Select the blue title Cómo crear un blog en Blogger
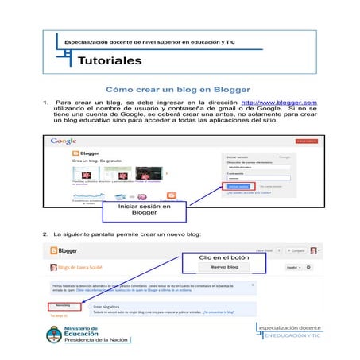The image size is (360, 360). pos(178,89)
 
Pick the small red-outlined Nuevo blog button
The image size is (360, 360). pos(63,304)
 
